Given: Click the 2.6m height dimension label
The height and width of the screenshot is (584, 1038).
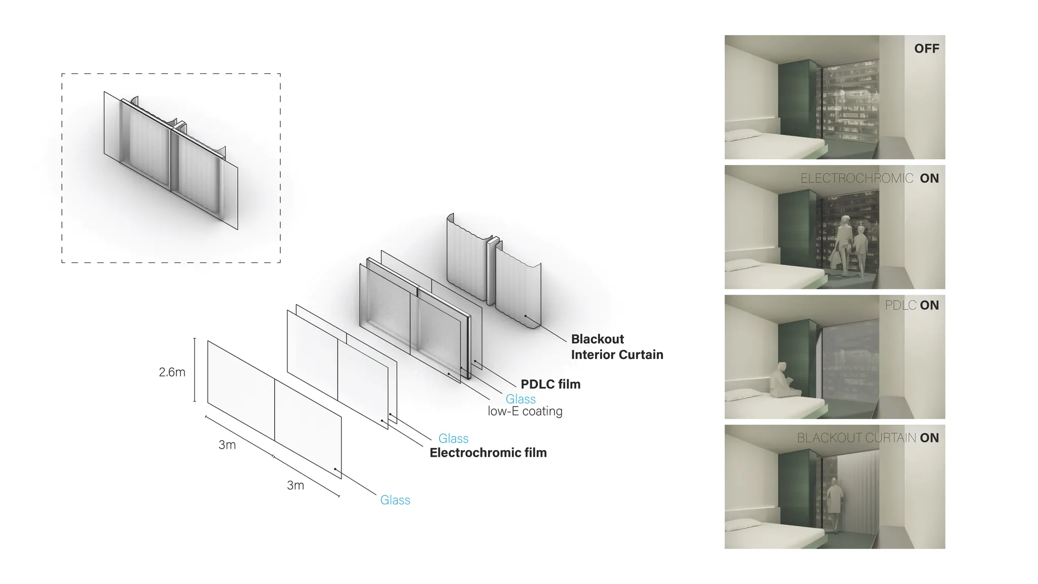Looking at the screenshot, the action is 172,372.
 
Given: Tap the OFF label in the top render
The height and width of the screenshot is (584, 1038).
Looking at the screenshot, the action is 926,49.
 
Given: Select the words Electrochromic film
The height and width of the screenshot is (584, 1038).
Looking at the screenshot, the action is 488,453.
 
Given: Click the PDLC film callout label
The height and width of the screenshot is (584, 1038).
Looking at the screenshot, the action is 550,384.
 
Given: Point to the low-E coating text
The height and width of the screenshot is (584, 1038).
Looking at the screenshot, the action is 525,411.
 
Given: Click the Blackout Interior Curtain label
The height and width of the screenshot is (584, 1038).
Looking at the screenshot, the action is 617,347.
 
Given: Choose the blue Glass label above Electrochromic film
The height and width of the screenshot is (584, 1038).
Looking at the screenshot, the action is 453,439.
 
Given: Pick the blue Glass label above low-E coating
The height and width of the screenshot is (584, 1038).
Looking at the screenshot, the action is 521,399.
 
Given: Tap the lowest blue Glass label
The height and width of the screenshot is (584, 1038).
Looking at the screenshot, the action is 395,500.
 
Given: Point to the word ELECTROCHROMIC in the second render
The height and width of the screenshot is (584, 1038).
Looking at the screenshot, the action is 857,178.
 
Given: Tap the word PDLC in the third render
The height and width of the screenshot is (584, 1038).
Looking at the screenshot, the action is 901,305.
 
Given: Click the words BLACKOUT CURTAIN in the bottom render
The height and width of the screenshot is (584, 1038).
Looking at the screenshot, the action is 856,438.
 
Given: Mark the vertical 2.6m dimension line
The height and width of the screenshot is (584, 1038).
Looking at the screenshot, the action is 195,370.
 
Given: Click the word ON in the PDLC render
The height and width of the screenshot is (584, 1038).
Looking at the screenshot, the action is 930,305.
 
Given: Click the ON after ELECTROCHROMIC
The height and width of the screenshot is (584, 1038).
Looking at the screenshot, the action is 930,178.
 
